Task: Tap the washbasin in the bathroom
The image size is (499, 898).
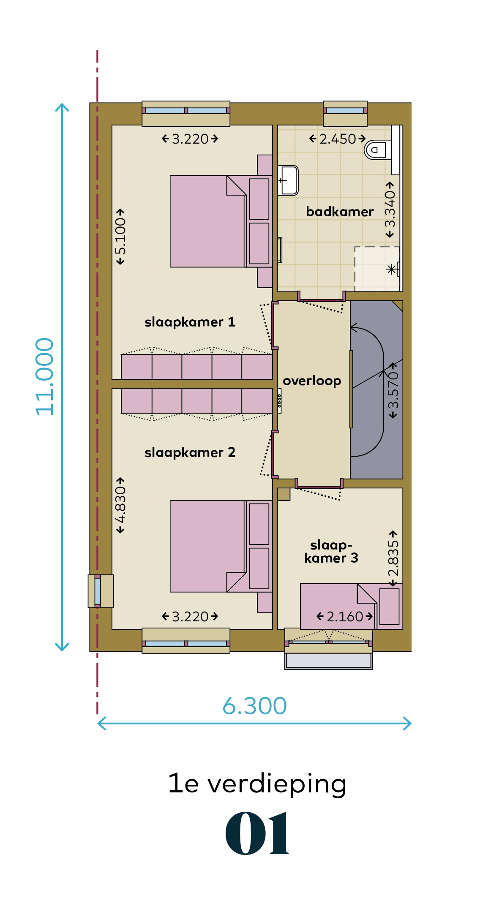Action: click(288, 180)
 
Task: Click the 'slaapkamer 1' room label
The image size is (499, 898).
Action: click(190, 322)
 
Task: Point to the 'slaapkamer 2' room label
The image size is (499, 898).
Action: click(190, 452)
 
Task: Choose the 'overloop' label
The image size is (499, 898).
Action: click(312, 381)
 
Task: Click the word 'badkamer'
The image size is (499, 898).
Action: click(340, 211)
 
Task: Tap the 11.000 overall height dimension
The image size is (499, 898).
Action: click(44, 377)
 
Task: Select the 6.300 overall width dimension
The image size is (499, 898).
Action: click(255, 706)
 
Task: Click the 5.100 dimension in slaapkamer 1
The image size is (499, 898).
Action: click(120, 237)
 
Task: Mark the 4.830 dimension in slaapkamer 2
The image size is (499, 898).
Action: click(120, 505)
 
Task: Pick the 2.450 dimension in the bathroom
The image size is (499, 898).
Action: click(338, 139)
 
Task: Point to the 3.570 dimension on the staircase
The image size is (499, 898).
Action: click(393, 390)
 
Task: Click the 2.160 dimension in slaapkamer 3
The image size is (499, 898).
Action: click(345, 616)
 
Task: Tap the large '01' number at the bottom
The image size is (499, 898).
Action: click(257, 833)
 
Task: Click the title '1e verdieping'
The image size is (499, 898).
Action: click(257, 783)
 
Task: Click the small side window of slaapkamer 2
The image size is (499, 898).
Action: click(100, 591)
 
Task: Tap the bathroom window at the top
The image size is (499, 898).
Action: click(345, 113)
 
